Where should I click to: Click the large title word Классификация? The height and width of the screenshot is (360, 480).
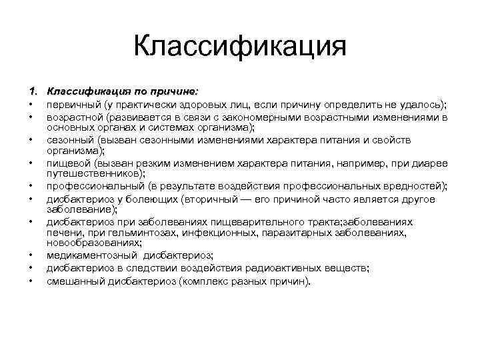click(240, 47)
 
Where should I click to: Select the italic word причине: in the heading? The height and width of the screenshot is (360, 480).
click(175, 92)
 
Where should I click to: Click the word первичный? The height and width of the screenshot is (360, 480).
click(72, 105)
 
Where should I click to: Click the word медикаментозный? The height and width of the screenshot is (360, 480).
click(92, 255)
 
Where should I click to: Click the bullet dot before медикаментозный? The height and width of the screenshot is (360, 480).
click(31, 256)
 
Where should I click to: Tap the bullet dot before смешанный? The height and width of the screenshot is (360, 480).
click(31, 280)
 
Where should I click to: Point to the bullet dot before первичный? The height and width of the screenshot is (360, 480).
click(31, 105)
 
